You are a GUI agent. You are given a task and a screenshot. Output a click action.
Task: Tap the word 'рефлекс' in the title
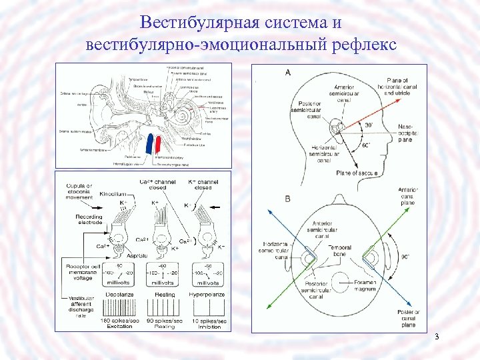[361, 45]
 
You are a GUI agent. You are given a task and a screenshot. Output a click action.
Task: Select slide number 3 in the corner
[436, 336]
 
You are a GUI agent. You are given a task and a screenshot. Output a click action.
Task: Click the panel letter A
[287, 72]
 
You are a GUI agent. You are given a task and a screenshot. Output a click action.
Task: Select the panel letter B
[287, 199]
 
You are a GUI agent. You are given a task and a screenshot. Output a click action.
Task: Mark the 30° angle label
[369, 124]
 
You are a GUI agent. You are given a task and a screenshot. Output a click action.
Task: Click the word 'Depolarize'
[120, 292]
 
